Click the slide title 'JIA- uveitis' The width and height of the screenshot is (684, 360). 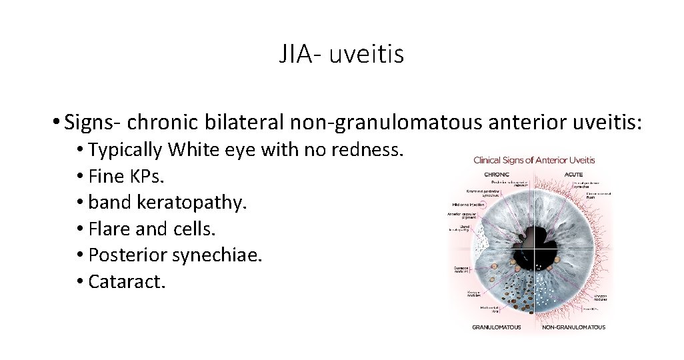click(x=341, y=54)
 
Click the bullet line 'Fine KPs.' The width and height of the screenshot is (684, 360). click(x=126, y=177)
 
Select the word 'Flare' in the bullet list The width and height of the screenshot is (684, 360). click(x=109, y=229)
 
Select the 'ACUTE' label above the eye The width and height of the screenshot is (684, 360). click(x=573, y=174)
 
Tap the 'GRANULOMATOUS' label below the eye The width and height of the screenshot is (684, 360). click(x=496, y=327)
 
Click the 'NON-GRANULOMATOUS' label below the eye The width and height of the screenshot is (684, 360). click(x=574, y=327)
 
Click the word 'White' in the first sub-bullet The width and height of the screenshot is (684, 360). click(x=189, y=150)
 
